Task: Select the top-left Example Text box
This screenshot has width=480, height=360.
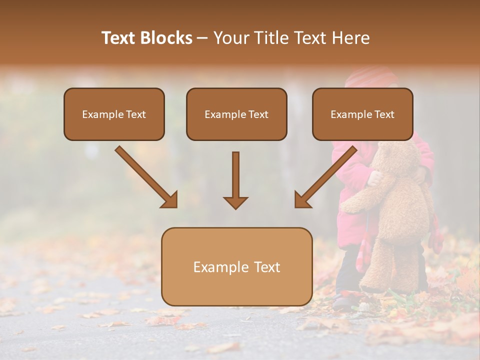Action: (114, 114)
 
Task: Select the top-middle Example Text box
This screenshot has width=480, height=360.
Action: (236, 114)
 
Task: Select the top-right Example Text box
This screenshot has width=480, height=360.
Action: (362, 114)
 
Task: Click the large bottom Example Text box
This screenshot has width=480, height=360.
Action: (236, 266)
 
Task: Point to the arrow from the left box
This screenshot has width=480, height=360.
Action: (146, 177)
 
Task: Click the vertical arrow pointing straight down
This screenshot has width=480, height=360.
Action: (235, 180)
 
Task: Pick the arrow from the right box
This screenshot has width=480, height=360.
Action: (326, 177)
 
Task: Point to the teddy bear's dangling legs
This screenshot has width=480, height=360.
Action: (395, 265)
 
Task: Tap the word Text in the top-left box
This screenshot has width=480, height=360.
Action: (135, 114)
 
